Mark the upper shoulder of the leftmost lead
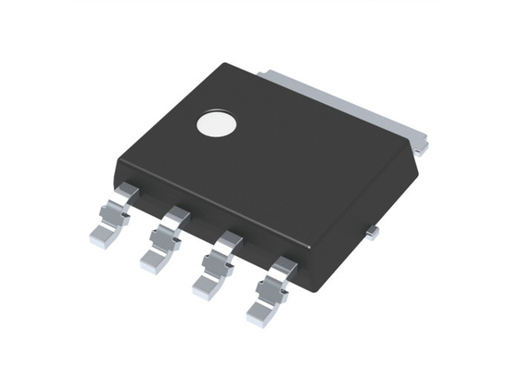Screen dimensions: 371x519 tap(128, 192)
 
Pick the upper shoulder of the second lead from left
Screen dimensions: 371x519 tap(176, 216)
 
